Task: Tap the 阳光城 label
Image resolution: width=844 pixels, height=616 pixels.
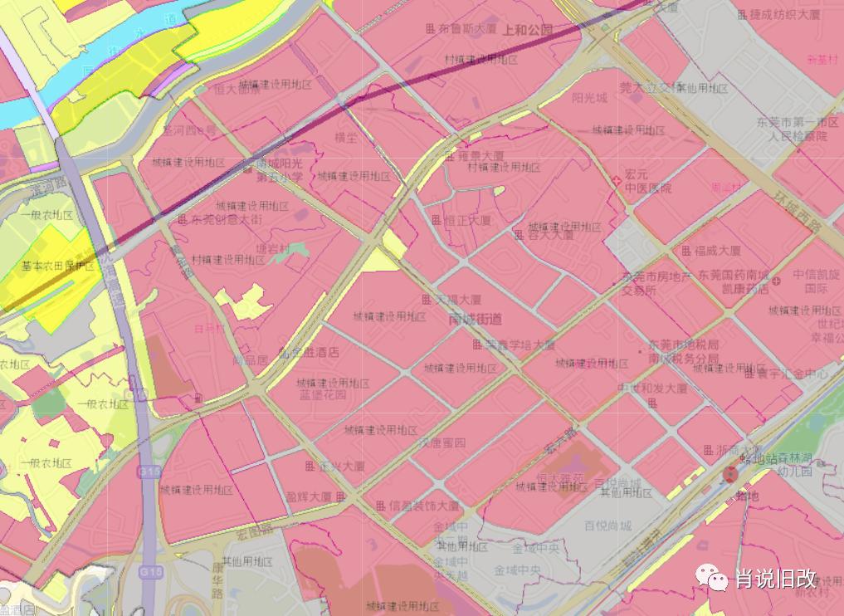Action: point(589,97)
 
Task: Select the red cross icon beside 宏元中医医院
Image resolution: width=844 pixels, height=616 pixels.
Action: point(615,180)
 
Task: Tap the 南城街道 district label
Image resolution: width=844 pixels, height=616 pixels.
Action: point(475,319)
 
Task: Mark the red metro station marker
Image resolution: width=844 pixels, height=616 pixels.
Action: point(729,474)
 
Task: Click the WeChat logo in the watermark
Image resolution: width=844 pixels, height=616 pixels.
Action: point(713,576)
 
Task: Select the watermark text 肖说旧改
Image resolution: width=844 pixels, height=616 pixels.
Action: point(776,579)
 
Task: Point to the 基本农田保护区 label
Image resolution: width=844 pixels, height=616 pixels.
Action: point(57,266)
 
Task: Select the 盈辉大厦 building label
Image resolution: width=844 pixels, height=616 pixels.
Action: point(309,496)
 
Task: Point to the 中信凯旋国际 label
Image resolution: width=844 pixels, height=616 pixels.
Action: point(816,281)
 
